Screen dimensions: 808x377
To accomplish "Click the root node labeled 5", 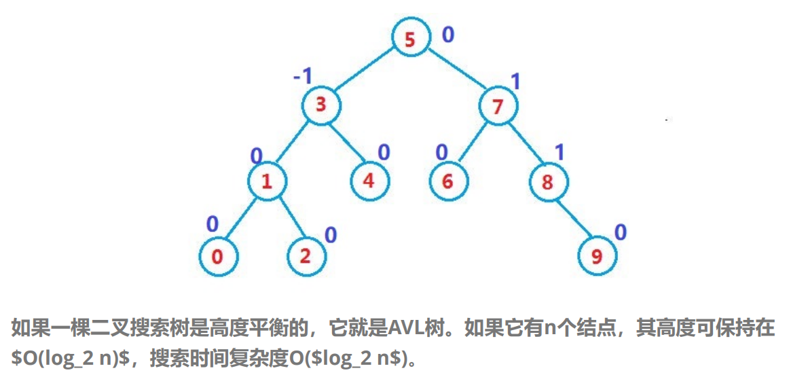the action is [x=410, y=39].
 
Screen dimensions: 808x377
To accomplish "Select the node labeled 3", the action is [x=321, y=105].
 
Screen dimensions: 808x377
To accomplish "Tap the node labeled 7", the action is [x=498, y=107].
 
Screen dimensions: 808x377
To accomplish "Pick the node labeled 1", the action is [x=267, y=181].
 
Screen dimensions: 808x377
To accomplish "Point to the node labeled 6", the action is [x=448, y=182].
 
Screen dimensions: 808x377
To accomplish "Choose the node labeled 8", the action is [x=549, y=182].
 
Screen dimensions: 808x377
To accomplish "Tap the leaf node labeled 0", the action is [x=218, y=257].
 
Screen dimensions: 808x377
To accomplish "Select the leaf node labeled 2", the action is [x=305, y=257].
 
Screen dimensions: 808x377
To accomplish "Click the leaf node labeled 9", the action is [x=597, y=257].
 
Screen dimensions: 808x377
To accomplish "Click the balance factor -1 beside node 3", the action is [x=302, y=76].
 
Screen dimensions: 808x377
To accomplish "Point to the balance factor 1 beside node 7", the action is [x=515, y=82].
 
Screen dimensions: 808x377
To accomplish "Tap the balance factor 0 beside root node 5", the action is [x=448, y=34].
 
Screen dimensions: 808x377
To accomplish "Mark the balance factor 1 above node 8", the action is [x=559, y=153].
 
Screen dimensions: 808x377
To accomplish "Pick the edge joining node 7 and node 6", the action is [x=473, y=144].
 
